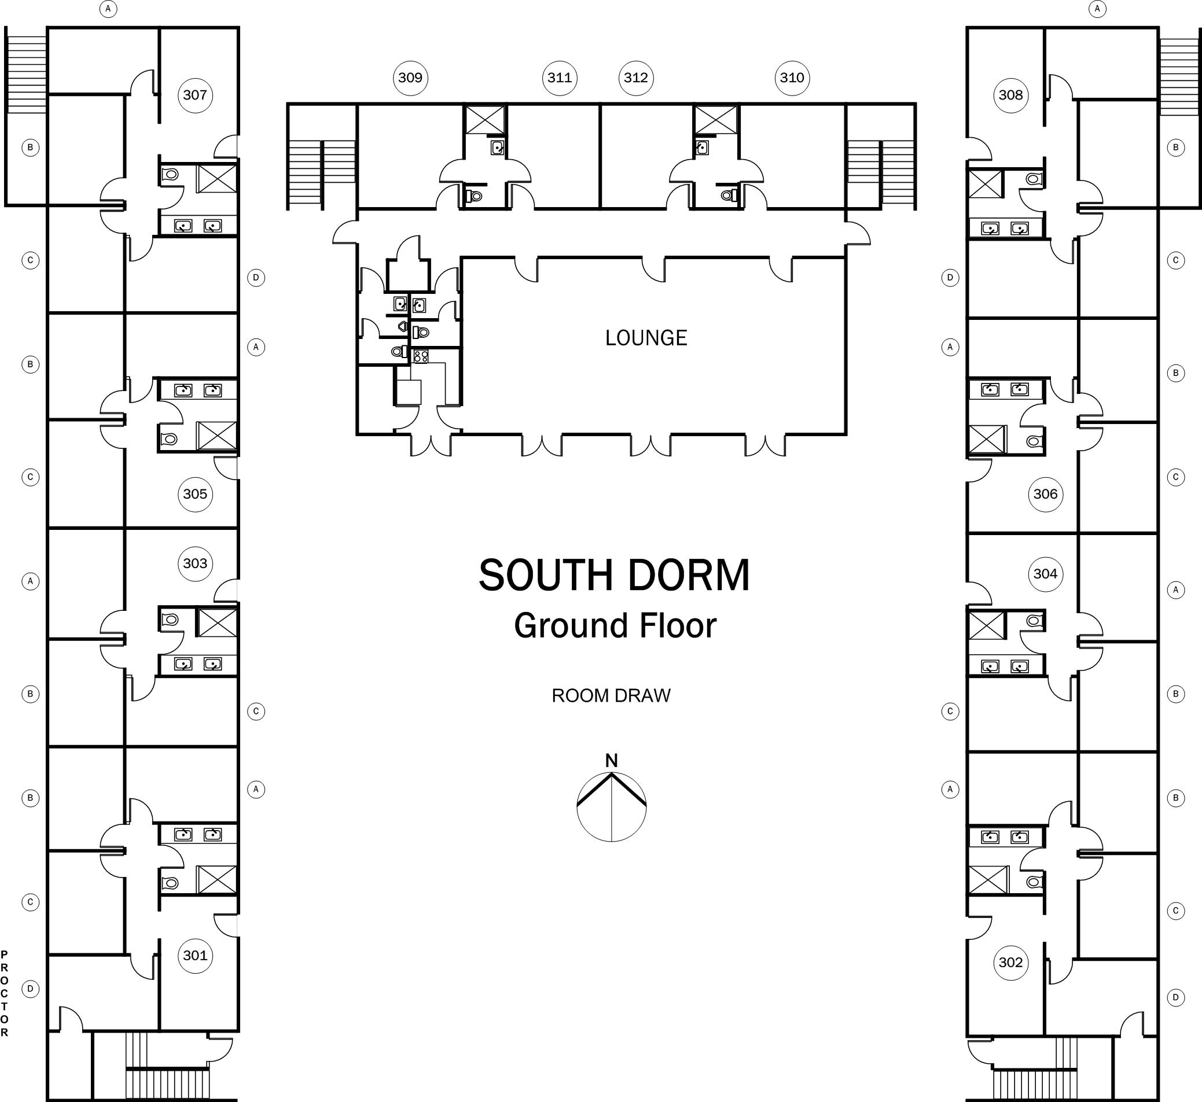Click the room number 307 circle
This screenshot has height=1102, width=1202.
tap(195, 95)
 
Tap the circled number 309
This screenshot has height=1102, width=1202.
tap(410, 78)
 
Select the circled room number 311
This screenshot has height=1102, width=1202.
tap(560, 78)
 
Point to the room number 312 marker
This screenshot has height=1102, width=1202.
tap(636, 78)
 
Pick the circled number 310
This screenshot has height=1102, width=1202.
tap(792, 78)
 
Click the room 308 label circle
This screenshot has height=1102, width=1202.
tap(1010, 95)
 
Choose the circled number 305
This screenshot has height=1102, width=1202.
tap(195, 494)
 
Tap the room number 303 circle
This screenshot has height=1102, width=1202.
tap(195, 563)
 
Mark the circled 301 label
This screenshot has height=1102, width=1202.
tap(195, 955)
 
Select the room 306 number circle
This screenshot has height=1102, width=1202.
tap(1046, 494)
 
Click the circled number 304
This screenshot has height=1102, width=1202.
tap(1046, 574)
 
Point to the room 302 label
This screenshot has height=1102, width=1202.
tap(1010, 962)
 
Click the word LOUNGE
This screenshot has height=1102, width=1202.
tap(646, 338)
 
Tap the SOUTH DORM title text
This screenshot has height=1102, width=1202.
tap(615, 575)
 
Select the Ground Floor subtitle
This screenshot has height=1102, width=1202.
tap(615, 625)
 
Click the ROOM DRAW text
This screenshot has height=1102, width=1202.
tap(612, 695)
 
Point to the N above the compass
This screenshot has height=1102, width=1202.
tap(612, 760)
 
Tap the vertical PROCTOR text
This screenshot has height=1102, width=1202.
tap(5, 993)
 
